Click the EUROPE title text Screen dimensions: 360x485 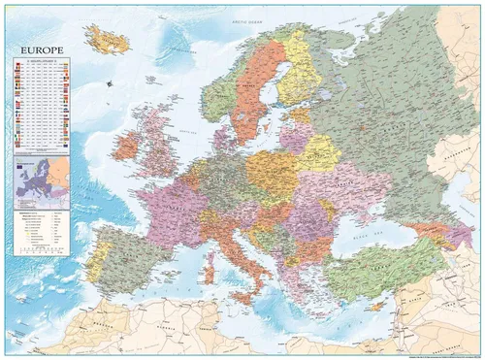click(x=38, y=48)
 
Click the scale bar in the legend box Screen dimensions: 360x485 click(x=39, y=249)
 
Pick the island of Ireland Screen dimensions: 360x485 click(x=126, y=147)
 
